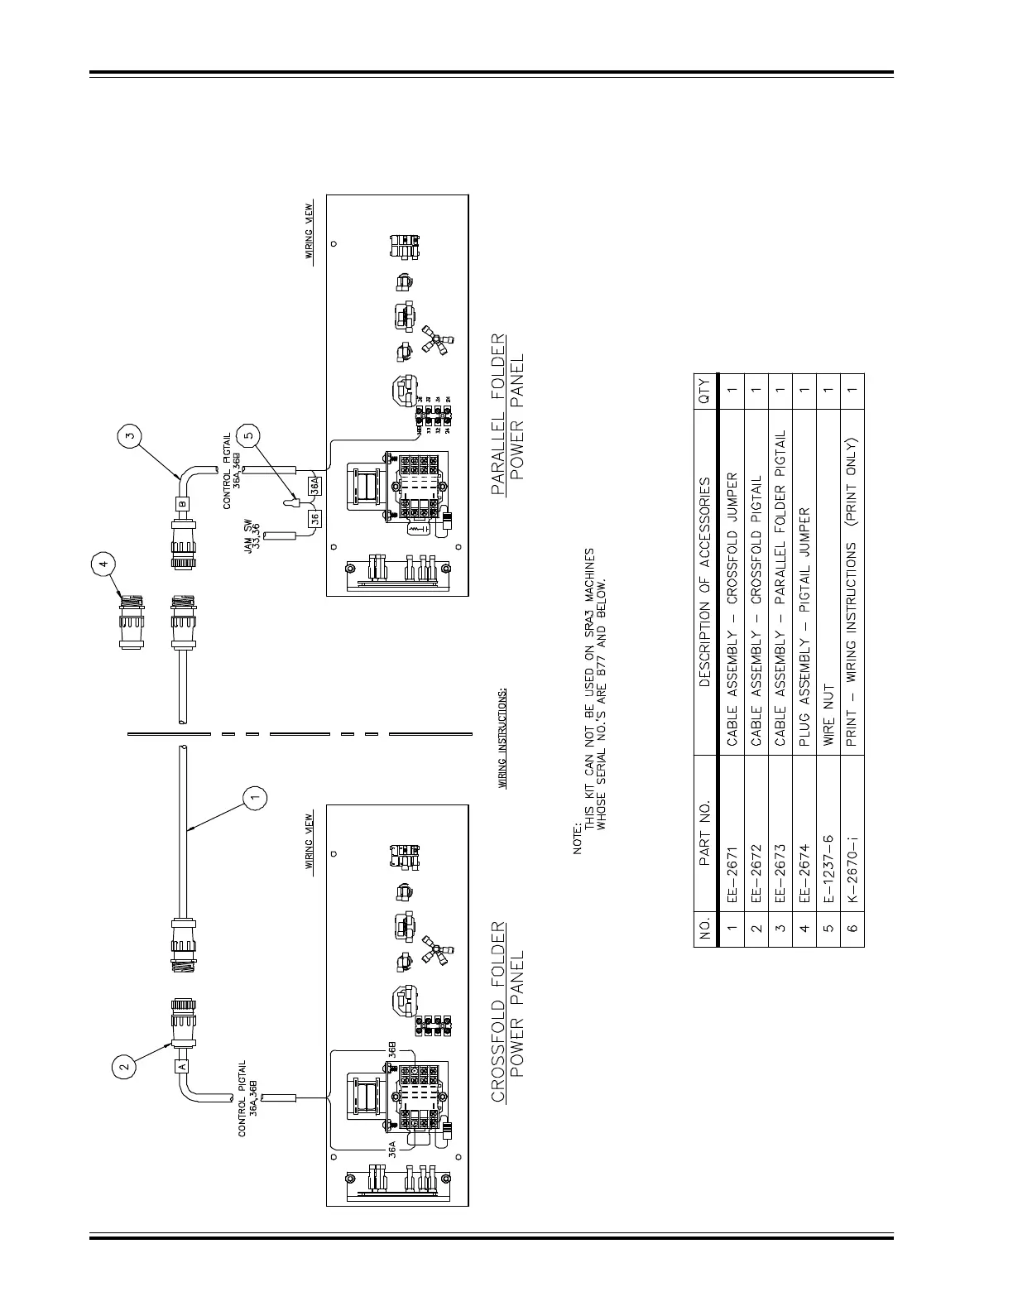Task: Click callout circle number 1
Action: click(x=256, y=797)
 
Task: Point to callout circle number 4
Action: click(x=103, y=564)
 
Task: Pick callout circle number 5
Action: click(x=248, y=434)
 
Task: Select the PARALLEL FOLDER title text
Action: click(x=498, y=414)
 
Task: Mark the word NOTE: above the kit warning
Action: click(x=579, y=837)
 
